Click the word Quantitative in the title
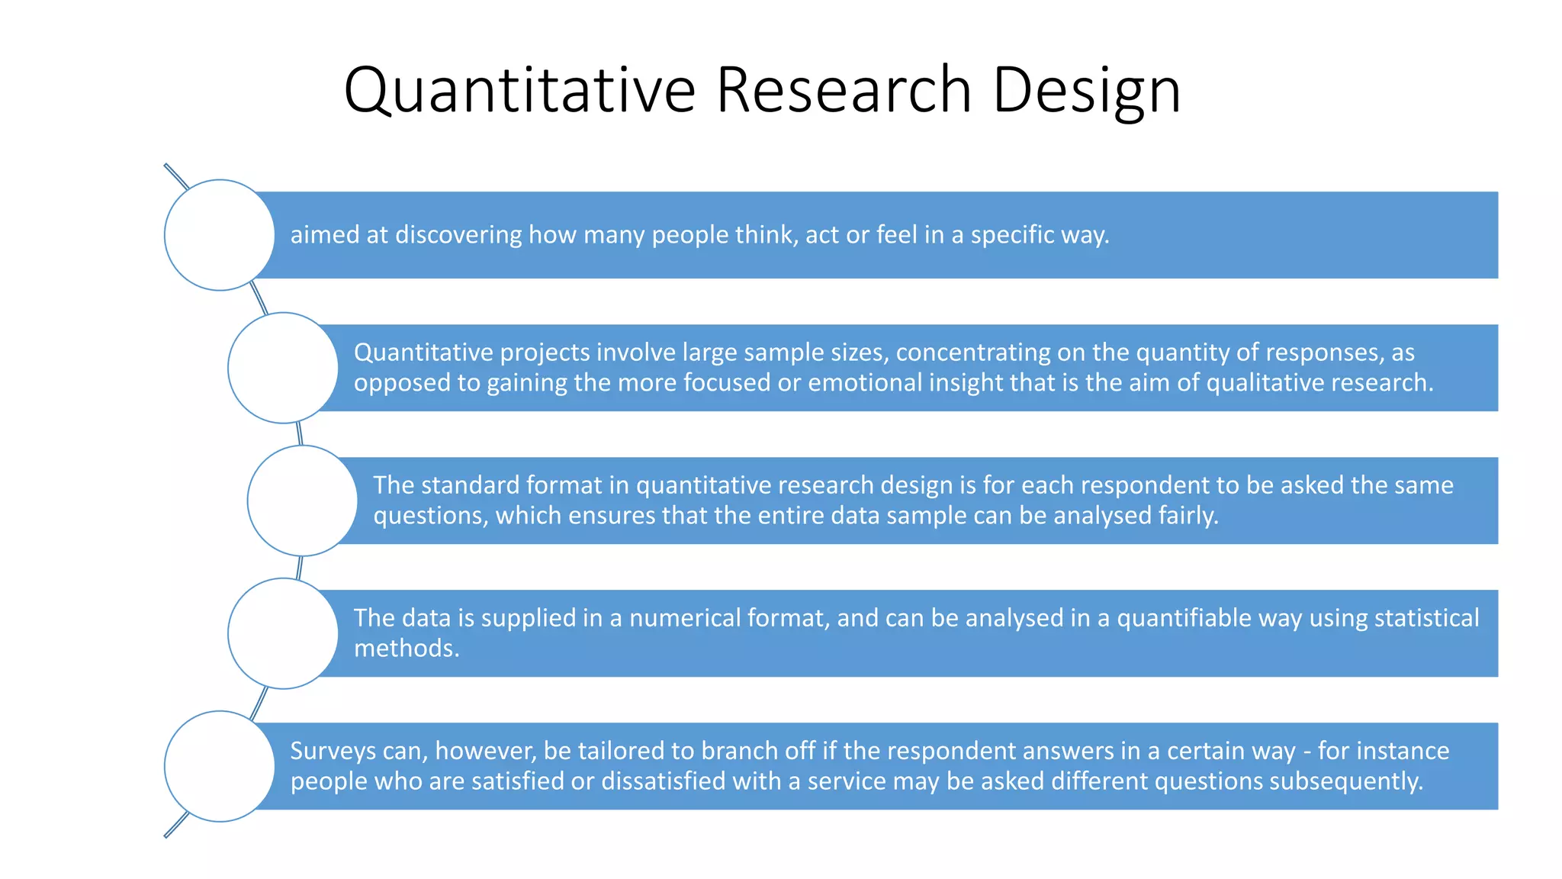519,90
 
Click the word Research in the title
844,90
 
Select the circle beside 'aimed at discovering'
220,235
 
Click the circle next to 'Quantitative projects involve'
283,368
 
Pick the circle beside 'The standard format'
302,501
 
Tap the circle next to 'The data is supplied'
283,633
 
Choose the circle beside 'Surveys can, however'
220,766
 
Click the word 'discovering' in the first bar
458,235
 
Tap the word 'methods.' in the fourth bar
407,649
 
